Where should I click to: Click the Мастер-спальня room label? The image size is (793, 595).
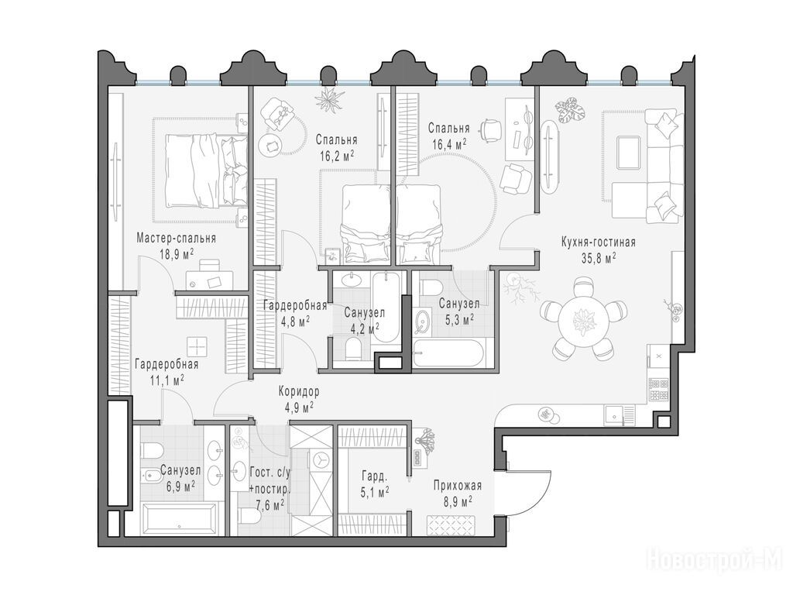pyautogui.click(x=176, y=239)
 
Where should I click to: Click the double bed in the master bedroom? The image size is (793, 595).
pyautogui.click(x=206, y=170)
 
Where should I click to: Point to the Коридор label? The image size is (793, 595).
pyautogui.click(x=298, y=391)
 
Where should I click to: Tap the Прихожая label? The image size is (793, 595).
pyautogui.click(x=457, y=486)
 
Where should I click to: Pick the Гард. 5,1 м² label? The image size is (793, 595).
pyautogui.click(x=375, y=483)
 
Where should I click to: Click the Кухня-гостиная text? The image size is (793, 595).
pyautogui.click(x=599, y=242)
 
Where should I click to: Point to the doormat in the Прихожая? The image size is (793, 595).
pyautogui.click(x=451, y=524)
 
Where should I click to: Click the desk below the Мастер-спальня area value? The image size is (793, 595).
pyautogui.click(x=209, y=277)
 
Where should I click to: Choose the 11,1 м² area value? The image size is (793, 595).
pyautogui.click(x=166, y=380)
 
